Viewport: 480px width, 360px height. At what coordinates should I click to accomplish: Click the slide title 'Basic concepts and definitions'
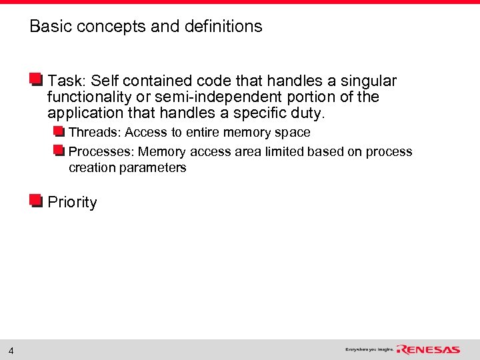coord(146,27)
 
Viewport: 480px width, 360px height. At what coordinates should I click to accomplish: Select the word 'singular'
coord(369,81)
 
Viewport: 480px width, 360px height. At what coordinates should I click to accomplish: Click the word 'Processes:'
coord(101,152)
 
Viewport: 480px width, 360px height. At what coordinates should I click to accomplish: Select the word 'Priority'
coord(72,203)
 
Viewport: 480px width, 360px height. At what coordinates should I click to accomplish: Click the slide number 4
coord(11,350)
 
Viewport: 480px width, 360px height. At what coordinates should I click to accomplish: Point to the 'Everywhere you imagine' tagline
coord(369,349)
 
